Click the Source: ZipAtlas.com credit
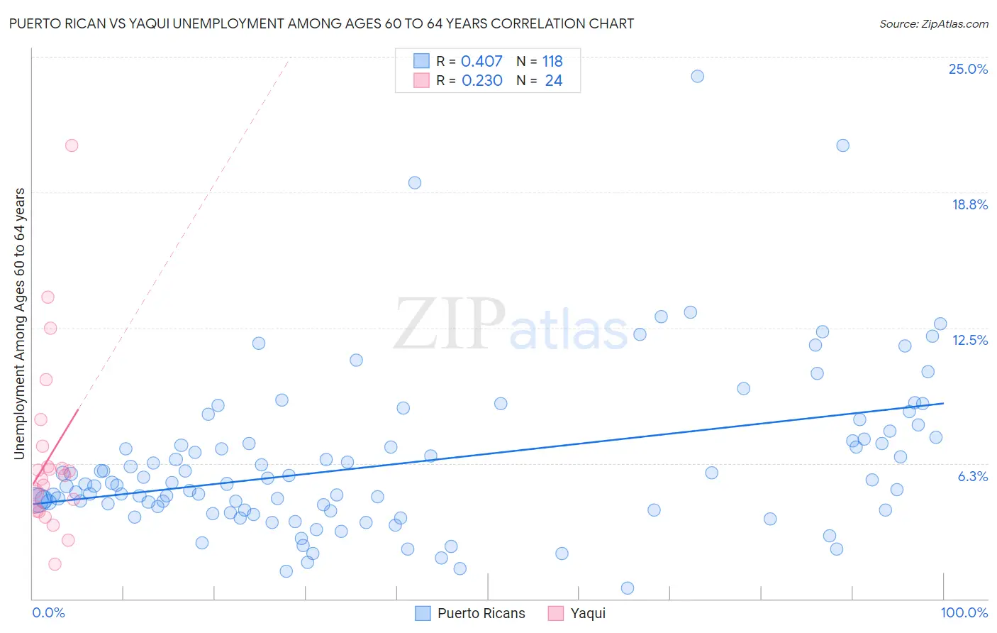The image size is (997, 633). pyautogui.click(x=933, y=23)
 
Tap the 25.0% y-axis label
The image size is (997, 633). pyautogui.click(x=968, y=69)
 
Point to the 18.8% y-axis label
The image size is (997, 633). pyautogui.click(x=969, y=204)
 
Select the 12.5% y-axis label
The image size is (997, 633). pyautogui.click(x=969, y=340)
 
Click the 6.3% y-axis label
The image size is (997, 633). pyautogui.click(x=972, y=476)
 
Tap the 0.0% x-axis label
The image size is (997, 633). pyautogui.click(x=48, y=612)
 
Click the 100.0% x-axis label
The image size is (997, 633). pyautogui.click(x=964, y=612)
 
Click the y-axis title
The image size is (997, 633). pyautogui.click(x=20, y=324)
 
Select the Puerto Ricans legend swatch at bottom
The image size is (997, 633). pyautogui.click(x=423, y=613)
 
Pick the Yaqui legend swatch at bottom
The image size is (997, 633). pyautogui.click(x=556, y=613)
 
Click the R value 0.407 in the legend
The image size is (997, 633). pyautogui.click(x=481, y=61)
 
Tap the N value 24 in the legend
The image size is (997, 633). pyautogui.click(x=553, y=81)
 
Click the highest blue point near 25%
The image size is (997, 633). pyautogui.click(x=697, y=76)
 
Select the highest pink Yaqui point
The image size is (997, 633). pyautogui.click(x=72, y=145)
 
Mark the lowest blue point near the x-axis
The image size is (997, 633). pyautogui.click(x=627, y=588)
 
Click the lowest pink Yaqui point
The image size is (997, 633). pyautogui.click(x=55, y=564)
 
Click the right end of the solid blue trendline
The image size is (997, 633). pyautogui.click(x=943, y=403)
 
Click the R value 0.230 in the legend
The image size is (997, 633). pyautogui.click(x=481, y=81)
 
